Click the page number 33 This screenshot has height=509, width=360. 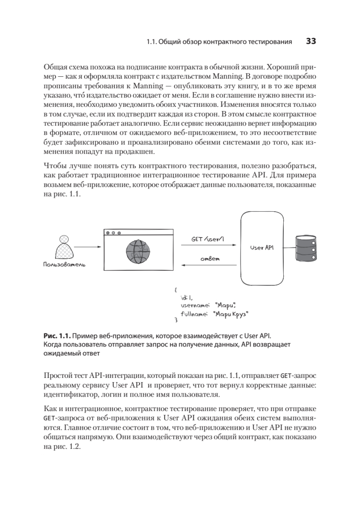point(311,42)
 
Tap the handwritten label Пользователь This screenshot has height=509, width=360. point(64,265)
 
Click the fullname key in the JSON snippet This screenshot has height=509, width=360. point(193,314)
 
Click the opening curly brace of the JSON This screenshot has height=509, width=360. point(176,290)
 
